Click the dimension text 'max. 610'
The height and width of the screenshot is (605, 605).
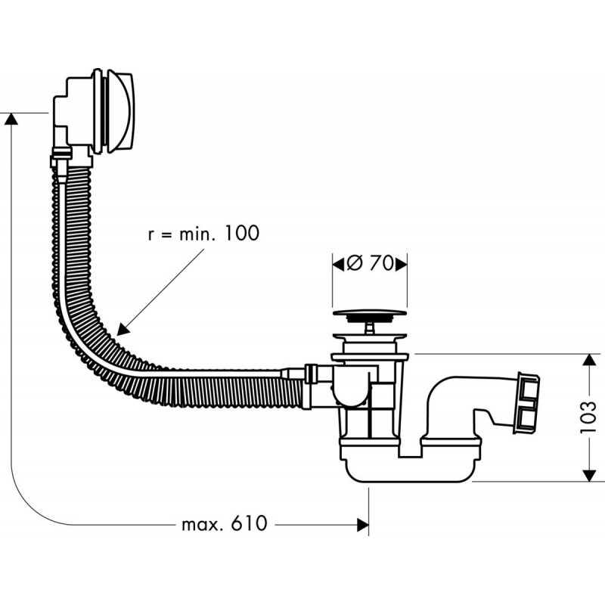[x=224, y=523]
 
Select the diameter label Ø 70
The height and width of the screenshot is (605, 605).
[x=371, y=264]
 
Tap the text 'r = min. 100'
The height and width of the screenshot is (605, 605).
[x=202, y=232]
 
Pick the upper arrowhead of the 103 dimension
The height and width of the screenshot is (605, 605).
[x=588, y=361]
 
